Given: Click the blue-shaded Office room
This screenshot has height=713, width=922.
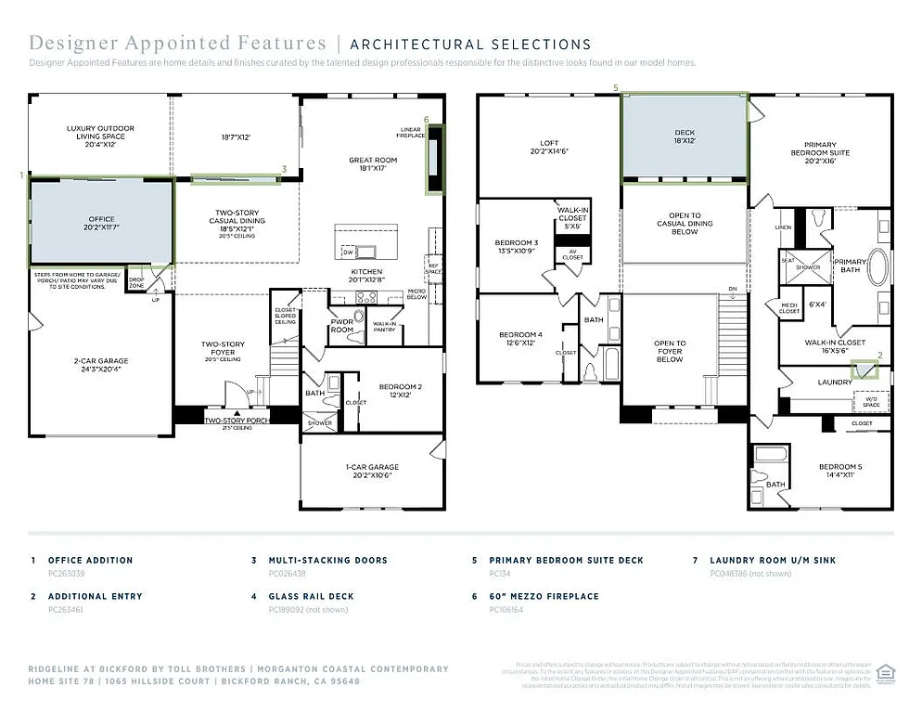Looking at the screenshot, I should (x=101, y=223).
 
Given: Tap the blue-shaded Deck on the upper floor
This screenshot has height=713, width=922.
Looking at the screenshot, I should (x=684, y=137).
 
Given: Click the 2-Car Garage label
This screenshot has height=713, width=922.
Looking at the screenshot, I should (x=101, y=365).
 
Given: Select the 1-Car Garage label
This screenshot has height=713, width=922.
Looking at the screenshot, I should (x=372, y=471).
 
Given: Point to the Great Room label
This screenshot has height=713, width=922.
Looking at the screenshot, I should (x=373, y=164).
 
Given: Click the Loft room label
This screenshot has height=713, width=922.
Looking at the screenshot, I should (x=549, y=147).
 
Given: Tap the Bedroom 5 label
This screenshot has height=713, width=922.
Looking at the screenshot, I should (x=839, y=471).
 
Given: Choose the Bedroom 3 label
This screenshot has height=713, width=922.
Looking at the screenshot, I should (x=518, y=247).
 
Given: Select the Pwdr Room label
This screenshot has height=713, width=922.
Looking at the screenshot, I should (x=342, y=326).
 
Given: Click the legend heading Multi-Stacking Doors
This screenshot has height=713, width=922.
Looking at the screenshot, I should (x=327, y=561).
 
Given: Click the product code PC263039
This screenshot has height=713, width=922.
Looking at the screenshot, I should (x=66, y=574).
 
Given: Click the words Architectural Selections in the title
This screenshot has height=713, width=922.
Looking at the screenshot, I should (x=470, y=44).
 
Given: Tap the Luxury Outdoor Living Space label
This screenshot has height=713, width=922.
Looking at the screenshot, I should (x=100, y=136).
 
